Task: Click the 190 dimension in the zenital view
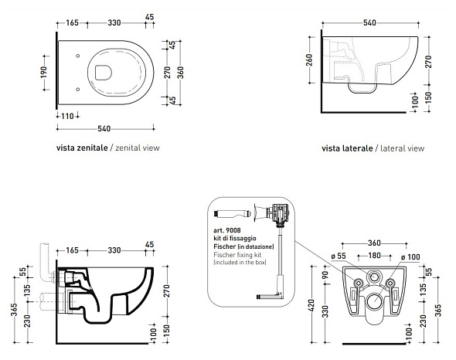(x=43, y=73)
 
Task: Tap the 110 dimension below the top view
(x=67, y=117)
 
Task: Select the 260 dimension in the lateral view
(x=309, y=60)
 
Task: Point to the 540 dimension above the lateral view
(x=369, y=22)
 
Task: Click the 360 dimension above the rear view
(x=374, y=243)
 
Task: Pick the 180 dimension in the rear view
(x=375, y=255)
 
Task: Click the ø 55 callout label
(x=339, y=256)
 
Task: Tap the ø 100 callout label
(x=410, y=257)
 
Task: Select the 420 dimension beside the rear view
(x=311, y=306)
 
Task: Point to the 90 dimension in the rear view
(x=325, y=274)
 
